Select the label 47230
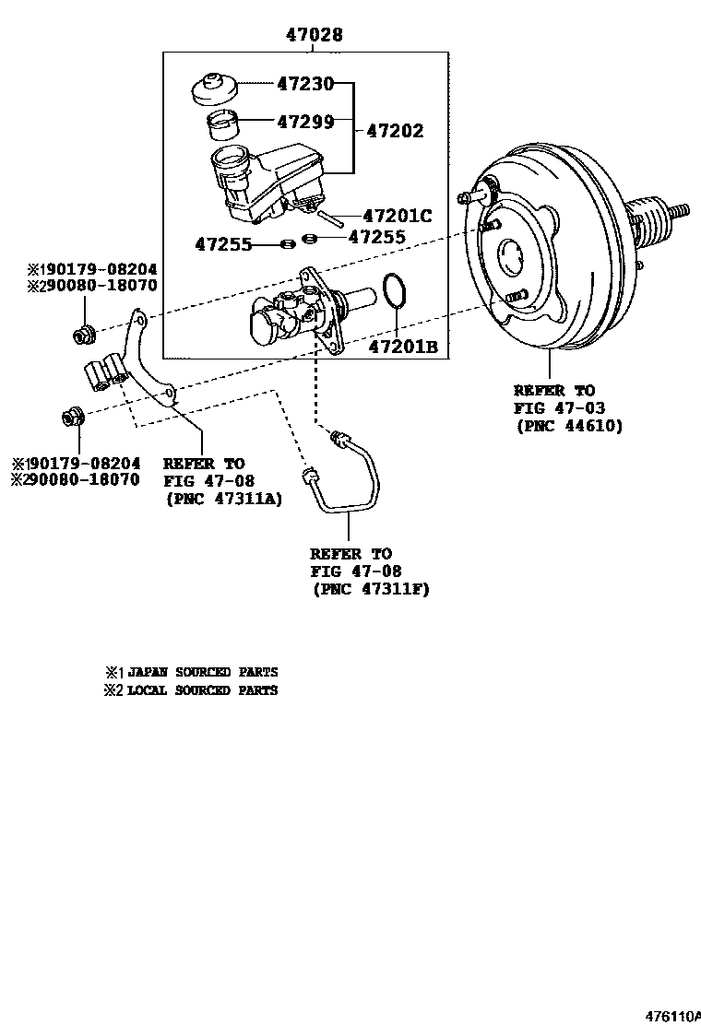click(x=307, y=84)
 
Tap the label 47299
click(x=307, y=121)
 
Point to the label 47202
click(x=395, y=131)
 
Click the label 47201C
click(x=398, y=217)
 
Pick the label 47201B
click(x=402, y=347)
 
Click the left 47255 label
click(x=223, y=244)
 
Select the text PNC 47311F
click(x=371, y=588)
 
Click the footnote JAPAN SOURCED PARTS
click(x=202, y=672)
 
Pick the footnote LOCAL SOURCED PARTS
click(x=202, y=689)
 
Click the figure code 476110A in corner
click(x=672, y=1016)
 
